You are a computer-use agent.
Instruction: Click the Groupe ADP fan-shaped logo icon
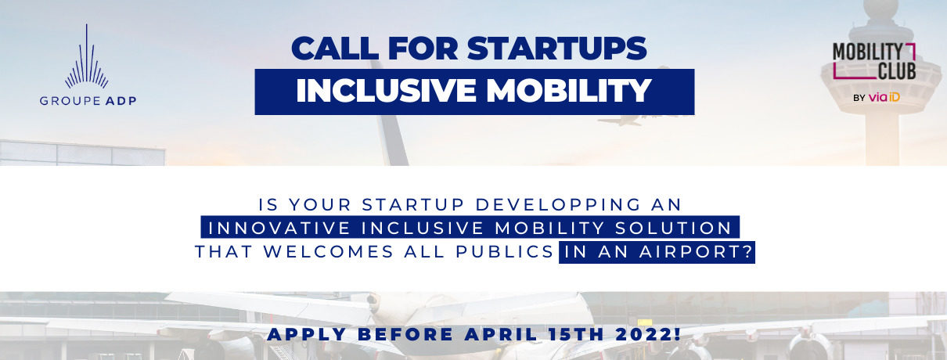pyautogui.click(x=87, y=56)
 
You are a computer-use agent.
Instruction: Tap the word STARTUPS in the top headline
pyautogui.click(x=556, y=49)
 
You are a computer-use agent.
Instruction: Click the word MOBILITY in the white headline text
pyautogui.click(x=569, y=90)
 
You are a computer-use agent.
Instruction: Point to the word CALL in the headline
pyautogui.click(x=335, y=49)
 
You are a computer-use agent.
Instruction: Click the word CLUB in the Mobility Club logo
pyautogui.click(x=897, y=71)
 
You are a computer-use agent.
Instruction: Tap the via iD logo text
pyautogui.click(x=884, y=97)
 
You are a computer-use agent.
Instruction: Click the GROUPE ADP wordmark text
pyautogui.click(x=88, y=101)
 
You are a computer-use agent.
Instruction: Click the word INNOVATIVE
pyautogui.click(x=279, y=229)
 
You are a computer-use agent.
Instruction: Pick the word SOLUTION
pyautogui.click(x=673, y=229)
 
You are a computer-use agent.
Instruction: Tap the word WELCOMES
pyautogui.click(x=329, y=252)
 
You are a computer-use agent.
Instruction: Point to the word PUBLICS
pyautogui.click(x=504, y=252)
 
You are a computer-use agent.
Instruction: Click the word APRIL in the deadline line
pyautogui.click(x=501, y=335)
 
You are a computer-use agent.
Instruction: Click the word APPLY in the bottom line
pyautogui.click(x=308, y=335)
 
